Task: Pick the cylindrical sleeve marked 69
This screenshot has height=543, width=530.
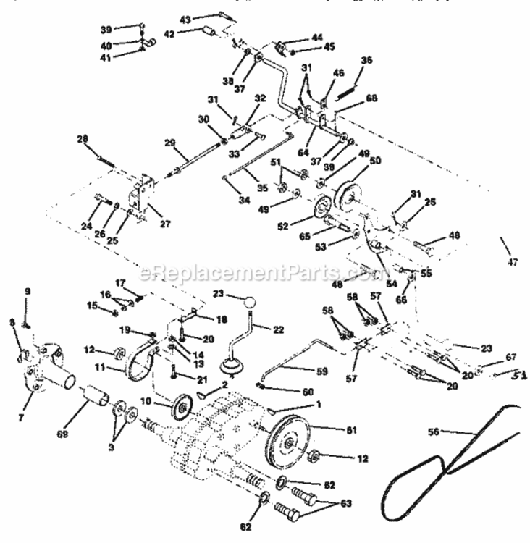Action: [x=96, y=397]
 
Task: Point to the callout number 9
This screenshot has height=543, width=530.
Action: [x=27, y=292]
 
